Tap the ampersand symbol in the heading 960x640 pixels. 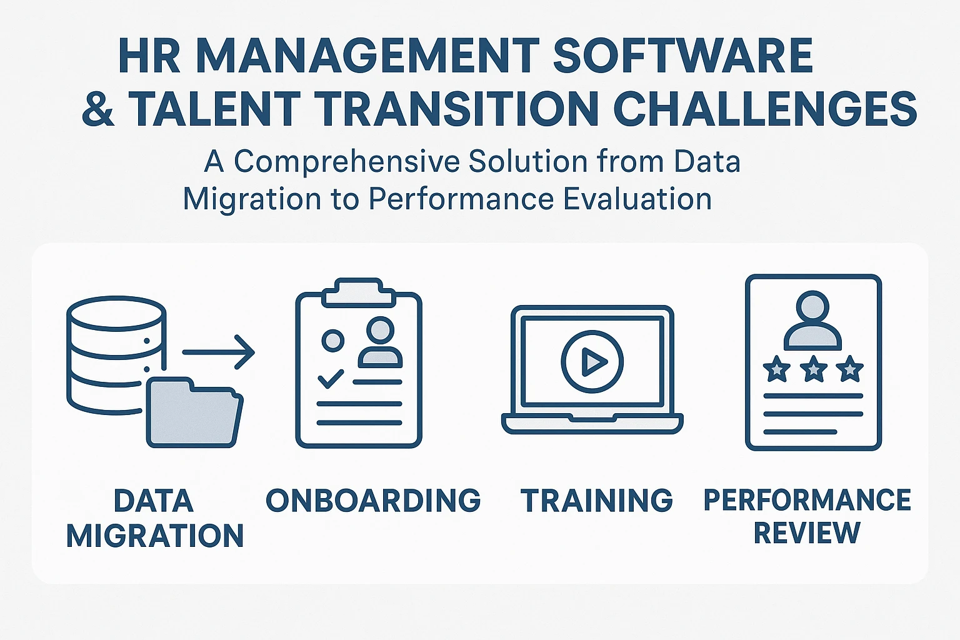98,109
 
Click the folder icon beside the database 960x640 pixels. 195,412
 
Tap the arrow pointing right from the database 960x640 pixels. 219,352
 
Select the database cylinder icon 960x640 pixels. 116,355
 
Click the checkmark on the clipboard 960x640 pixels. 331,379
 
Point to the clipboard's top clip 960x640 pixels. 358,292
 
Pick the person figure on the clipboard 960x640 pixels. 380,342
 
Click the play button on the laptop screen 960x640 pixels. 592,361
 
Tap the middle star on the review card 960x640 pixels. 813,369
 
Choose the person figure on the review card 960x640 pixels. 812,320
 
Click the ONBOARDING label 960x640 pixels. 373,500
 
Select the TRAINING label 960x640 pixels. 597,500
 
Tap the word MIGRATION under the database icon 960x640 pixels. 155,536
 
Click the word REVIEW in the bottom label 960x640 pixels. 807,533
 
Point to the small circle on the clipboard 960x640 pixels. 333,341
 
